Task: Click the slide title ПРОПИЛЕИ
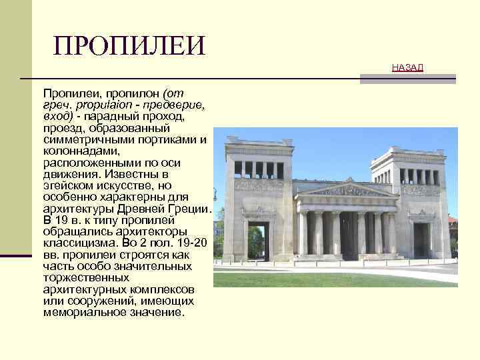[129, 45]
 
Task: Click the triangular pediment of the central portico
[342, 191]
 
